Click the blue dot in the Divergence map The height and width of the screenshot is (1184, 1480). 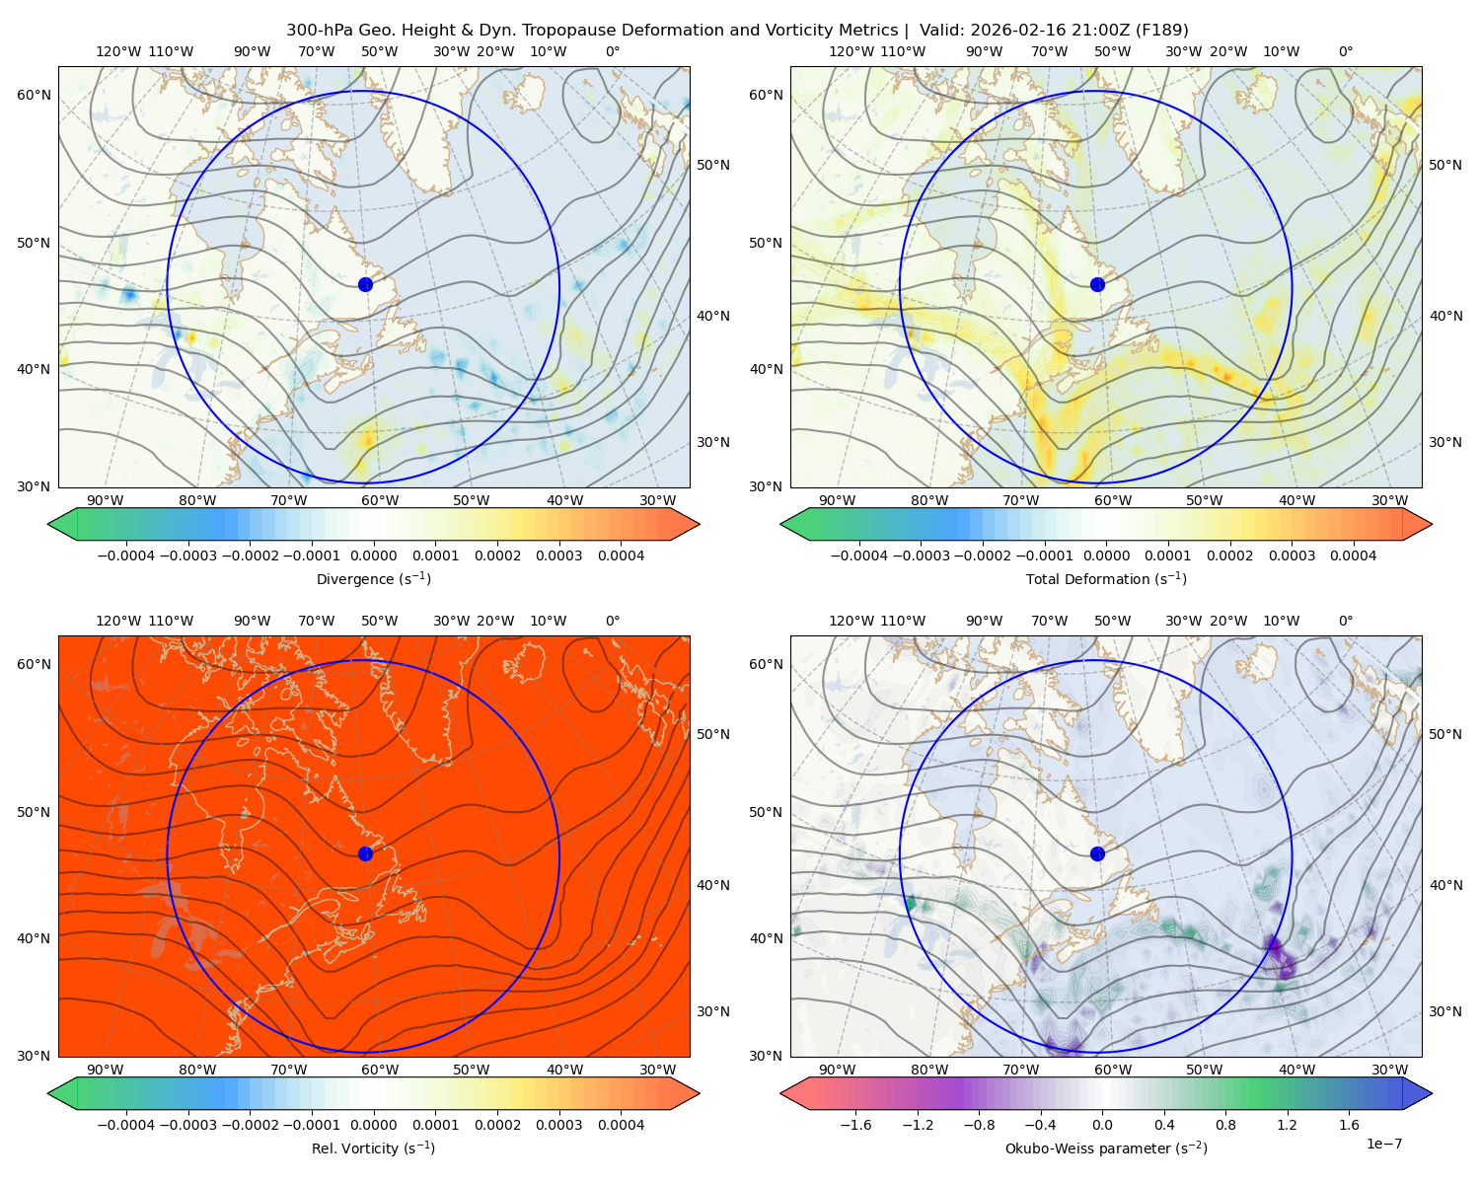[365, 285]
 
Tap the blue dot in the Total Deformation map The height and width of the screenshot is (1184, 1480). [1097, 285]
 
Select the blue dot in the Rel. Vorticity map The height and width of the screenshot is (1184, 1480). [365, 853]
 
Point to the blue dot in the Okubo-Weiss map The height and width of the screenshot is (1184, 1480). [1097, 853]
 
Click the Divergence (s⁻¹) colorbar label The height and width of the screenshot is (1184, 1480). [373, 579]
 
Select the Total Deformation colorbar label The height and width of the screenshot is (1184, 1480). [1106, 579]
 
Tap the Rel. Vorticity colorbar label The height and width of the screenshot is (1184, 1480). [373, 1148]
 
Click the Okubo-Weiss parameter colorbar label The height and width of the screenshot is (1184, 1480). [1106, 1148]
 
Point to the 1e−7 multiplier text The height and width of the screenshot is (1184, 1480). [1383, 1145]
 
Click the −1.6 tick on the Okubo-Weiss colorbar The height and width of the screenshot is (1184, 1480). [855, 1125]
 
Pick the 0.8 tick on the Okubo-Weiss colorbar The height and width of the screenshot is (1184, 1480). [1225, 1125]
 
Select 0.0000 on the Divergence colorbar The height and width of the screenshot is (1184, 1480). [373, 555]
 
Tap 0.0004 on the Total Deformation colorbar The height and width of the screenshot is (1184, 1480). [1354, 555]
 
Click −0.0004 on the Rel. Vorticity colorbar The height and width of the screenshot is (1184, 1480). [126, 1125]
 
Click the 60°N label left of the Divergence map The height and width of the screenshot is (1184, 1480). [34, 95]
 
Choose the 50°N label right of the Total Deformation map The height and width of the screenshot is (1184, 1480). [1445, 165]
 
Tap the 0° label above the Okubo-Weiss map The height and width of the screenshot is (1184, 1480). [1346, 621]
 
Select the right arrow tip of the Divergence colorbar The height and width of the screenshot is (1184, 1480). [699, 524]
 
